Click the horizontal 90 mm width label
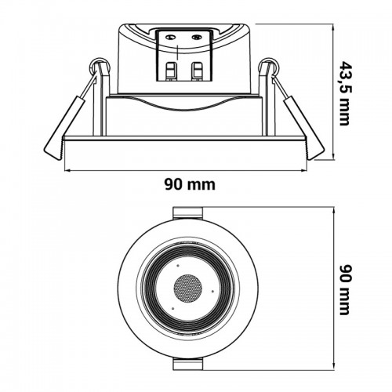pyautogui.click(x=190, y=184)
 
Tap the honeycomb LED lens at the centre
pyautogui.click(x=188, y=289)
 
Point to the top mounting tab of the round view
pyautogui.click(x=188, y=213)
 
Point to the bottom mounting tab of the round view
pyautogui.click(x=188, y=364)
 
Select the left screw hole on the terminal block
pyautogui.click(x=171, y=38)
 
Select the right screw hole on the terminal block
pyautogui.click(x=197, y=38)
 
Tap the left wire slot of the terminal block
pyautogui.click(x=172, y=71)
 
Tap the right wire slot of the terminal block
pyautogui.click(x=197, y=71)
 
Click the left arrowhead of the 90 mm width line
pyautogui.click(x=67, y=171)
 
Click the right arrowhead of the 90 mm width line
pyautogui.click(x=303, y=171)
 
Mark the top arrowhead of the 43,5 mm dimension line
pyautogui.click(x=334, y=27)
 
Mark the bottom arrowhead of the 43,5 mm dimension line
pyautogui.click(x=334, y=156)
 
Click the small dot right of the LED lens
pyautogui.click(x=212, y=291)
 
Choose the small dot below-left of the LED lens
pyautogui.click(x=173, y=308)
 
